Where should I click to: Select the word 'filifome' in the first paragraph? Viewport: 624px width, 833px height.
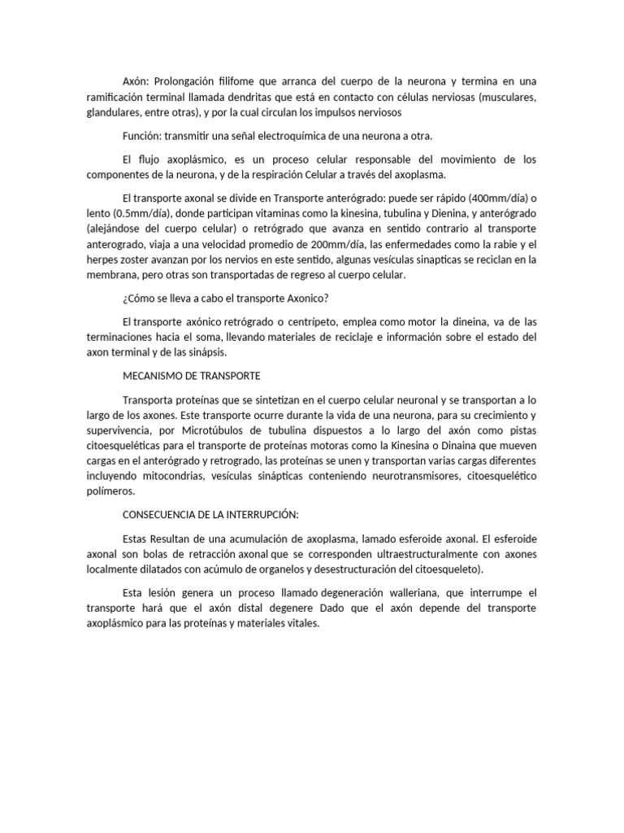point(237,82)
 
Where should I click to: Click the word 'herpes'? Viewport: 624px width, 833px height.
point(106,259)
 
